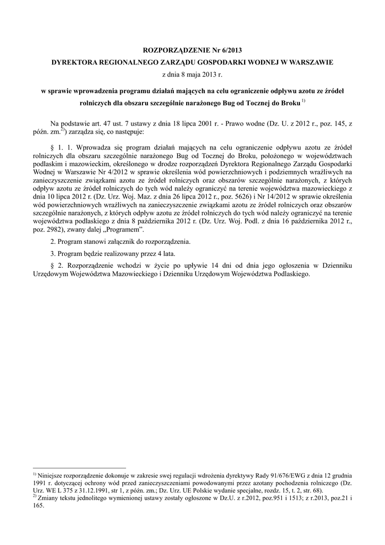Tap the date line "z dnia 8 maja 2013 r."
(x=192, y=75)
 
